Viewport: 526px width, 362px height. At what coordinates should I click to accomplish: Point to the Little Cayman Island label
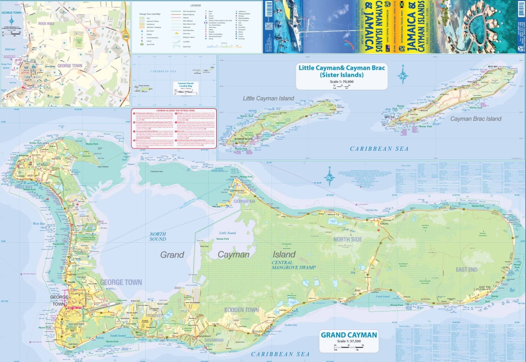click(x=268, y=98)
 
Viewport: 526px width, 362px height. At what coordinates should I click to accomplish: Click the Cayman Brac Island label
click(x=476, y=119)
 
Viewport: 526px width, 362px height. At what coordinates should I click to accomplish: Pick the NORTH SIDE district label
click(x=348, y=240)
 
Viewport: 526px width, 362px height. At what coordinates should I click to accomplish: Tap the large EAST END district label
click(x=467, y=270)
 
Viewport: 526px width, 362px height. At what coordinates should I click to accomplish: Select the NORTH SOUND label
click(x=157, y=236)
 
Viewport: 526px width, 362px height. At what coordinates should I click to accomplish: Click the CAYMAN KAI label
click(x=244, y=201)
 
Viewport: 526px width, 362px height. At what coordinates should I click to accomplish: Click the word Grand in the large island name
click(x=172, y=255)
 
